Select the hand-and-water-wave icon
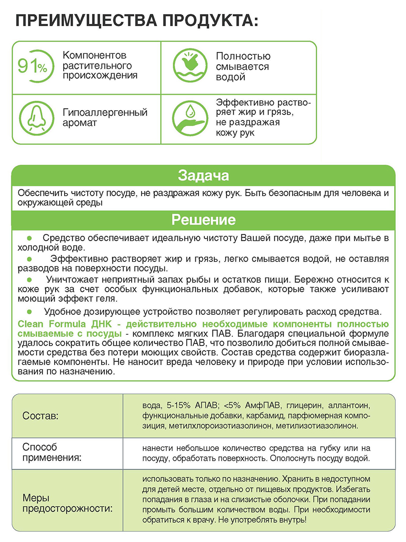point(187,67)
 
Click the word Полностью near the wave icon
point(243,56)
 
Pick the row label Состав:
point(40,416)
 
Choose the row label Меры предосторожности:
point(67,503)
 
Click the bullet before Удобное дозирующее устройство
point(30,312)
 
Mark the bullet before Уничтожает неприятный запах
point(30,280)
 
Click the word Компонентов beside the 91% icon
point(95,56)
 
